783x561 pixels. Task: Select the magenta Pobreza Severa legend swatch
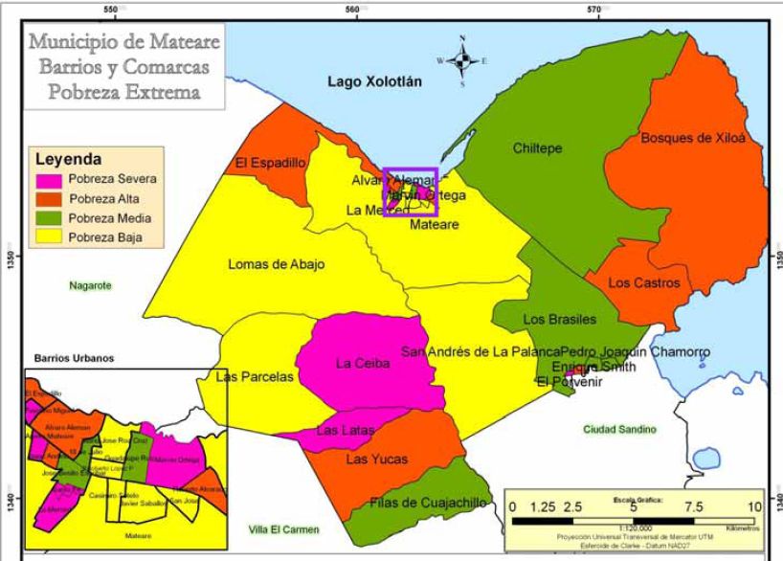(x=51, y=180)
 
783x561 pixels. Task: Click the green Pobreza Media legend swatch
(x=51, y=218)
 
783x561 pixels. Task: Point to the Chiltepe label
(x=538, y=148)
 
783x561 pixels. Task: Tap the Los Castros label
(x=643, y=283)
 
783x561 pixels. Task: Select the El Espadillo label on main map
(x=270, y=165)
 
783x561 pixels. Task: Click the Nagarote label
(x=90, y=285)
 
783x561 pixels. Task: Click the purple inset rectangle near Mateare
(x=410, y=192)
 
